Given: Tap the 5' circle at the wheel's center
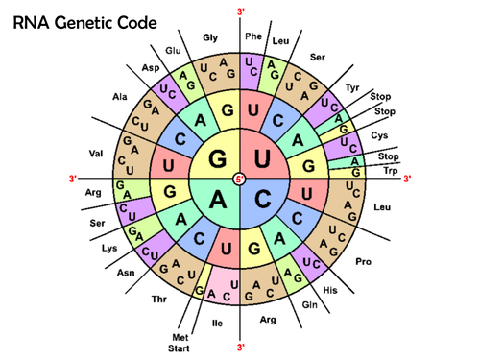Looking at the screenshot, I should click(x=240, y=179).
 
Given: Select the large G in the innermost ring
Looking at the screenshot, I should click(x=219, y=156).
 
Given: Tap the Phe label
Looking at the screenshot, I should click(x=253, y=36).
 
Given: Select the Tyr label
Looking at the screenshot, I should click(x=352, y=87).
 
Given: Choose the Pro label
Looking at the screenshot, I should click(x=363, y=261).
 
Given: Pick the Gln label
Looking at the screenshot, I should click(x=310, y=304).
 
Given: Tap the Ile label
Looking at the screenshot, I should click(x=217, y=323).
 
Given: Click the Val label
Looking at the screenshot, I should click(x=95, y=154).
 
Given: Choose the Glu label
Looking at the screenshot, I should click(x=173, y=50).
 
